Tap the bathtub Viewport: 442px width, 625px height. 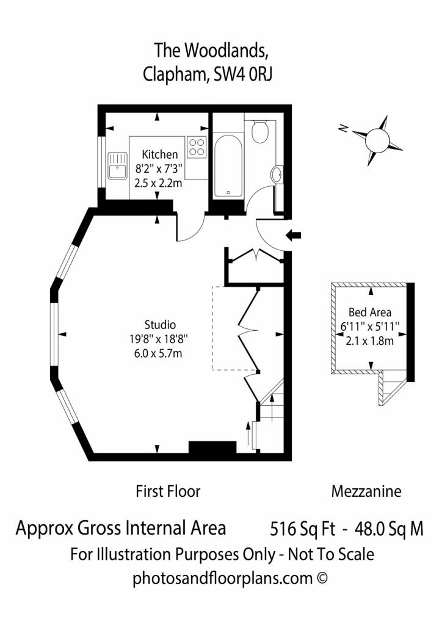click(228, 166)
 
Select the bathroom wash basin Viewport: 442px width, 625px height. click(277, 175)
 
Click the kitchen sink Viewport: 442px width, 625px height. click(118, 165)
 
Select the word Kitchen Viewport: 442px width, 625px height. click(160, 154)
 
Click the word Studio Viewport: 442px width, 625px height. click(160, 325)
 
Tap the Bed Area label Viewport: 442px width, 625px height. click(370, 312)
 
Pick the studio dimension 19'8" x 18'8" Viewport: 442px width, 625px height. click(158, 339)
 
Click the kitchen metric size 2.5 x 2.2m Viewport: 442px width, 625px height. click(158, 183)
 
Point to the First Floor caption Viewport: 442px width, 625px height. click(168, 491)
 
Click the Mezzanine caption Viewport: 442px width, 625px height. click(366, 491)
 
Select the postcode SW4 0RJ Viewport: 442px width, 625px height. click(243, 74)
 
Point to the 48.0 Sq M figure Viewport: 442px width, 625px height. click(389, 529)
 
